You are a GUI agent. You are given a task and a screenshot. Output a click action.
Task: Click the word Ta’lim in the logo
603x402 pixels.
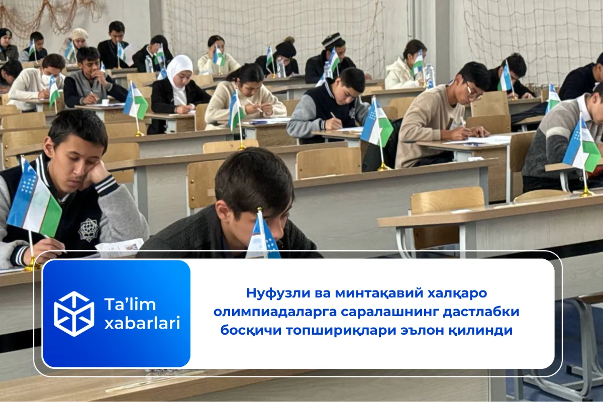[x=130, y=304]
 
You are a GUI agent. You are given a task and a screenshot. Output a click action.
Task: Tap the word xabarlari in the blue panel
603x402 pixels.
[x=142, y=323]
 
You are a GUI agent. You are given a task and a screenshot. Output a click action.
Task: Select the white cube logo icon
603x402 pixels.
[x=74, y=314]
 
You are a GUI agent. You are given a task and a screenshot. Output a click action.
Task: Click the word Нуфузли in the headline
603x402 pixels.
[x=278, y=293]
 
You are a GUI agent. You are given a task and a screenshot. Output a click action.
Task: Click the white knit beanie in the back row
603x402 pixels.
[x=78, y=34]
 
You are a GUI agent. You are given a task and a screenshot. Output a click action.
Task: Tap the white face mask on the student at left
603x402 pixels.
[x=51, y=79]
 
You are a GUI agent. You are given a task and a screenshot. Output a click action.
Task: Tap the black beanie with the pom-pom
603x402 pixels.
[x=285, y=48]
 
